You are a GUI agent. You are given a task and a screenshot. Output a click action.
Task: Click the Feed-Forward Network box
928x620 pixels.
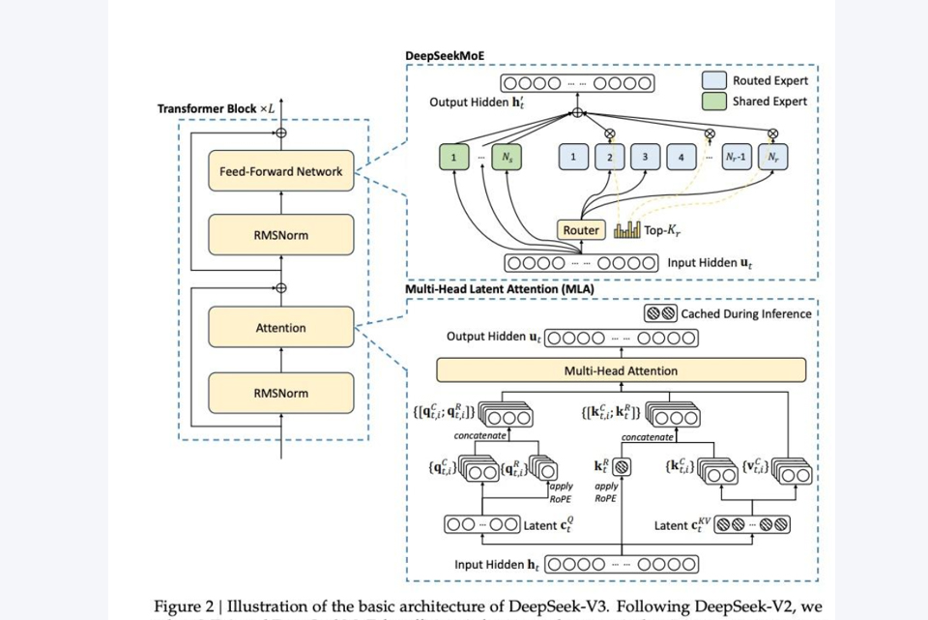280,171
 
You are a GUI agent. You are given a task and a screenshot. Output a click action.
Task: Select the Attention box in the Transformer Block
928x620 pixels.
280,328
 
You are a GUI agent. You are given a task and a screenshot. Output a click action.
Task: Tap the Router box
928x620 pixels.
581,230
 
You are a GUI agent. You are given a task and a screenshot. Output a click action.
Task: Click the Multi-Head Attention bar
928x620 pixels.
621,370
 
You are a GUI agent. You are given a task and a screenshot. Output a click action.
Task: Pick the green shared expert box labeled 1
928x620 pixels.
453,157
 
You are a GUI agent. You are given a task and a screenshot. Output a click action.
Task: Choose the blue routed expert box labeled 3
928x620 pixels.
645,157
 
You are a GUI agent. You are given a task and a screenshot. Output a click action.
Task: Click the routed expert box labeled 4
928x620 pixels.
681,157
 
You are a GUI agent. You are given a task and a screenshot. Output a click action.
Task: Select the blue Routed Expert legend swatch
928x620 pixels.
713,81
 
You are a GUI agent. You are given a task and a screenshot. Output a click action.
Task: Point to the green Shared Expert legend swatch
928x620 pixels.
713,101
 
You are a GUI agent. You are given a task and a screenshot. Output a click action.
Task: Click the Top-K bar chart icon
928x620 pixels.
627,230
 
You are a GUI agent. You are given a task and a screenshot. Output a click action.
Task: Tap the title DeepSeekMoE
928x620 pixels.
445,56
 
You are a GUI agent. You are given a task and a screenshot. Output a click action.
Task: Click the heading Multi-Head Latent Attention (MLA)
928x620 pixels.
500,288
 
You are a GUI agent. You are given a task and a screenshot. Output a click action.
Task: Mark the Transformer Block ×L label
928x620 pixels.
217,108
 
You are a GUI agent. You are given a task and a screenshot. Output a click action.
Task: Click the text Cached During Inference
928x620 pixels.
746,313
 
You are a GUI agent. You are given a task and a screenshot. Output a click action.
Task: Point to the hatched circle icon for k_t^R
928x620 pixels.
623,466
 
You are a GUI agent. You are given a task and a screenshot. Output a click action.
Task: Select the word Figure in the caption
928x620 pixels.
178,606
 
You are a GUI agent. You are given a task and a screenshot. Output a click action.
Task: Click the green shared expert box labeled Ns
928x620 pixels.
506,157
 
